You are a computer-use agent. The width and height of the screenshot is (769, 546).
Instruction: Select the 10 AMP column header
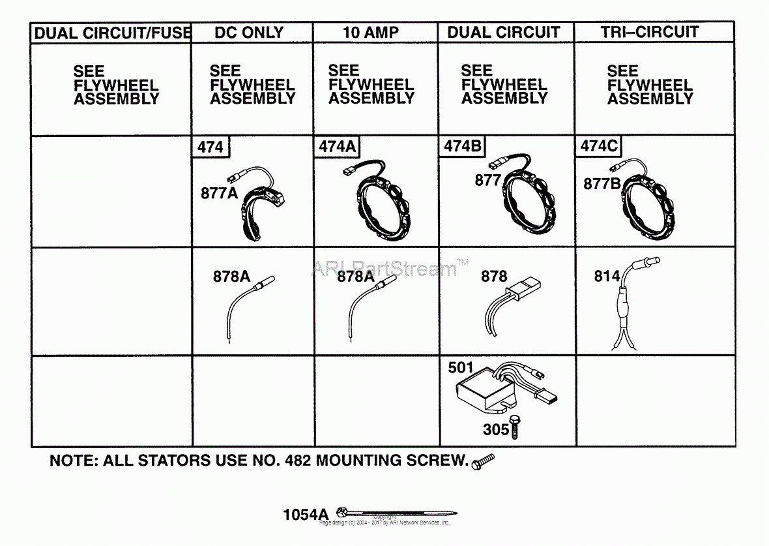pos(371,33)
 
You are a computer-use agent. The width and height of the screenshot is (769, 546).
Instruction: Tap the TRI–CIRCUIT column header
pos(650,32)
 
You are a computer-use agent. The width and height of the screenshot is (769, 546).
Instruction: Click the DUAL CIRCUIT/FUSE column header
pos(111,33)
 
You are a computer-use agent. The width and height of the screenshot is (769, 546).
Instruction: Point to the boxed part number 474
pos(210,147)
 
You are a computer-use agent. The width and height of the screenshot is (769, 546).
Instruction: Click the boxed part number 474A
pos(337,147)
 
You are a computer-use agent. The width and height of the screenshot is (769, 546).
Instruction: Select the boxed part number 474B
pos(463,147)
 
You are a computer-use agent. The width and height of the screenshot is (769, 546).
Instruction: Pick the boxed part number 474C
pos(598,147)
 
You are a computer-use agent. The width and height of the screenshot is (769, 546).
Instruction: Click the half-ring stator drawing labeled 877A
pos(257,209)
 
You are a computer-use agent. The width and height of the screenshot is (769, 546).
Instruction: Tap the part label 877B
pos(601,184)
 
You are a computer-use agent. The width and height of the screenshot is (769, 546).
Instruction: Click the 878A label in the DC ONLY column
pos(231,277)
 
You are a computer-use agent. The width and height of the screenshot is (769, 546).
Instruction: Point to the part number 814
pos(607,277)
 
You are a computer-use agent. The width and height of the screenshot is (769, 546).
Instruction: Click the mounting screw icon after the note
pos(483,461)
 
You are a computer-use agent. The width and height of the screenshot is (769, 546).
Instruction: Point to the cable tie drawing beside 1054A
pos(398,513)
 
